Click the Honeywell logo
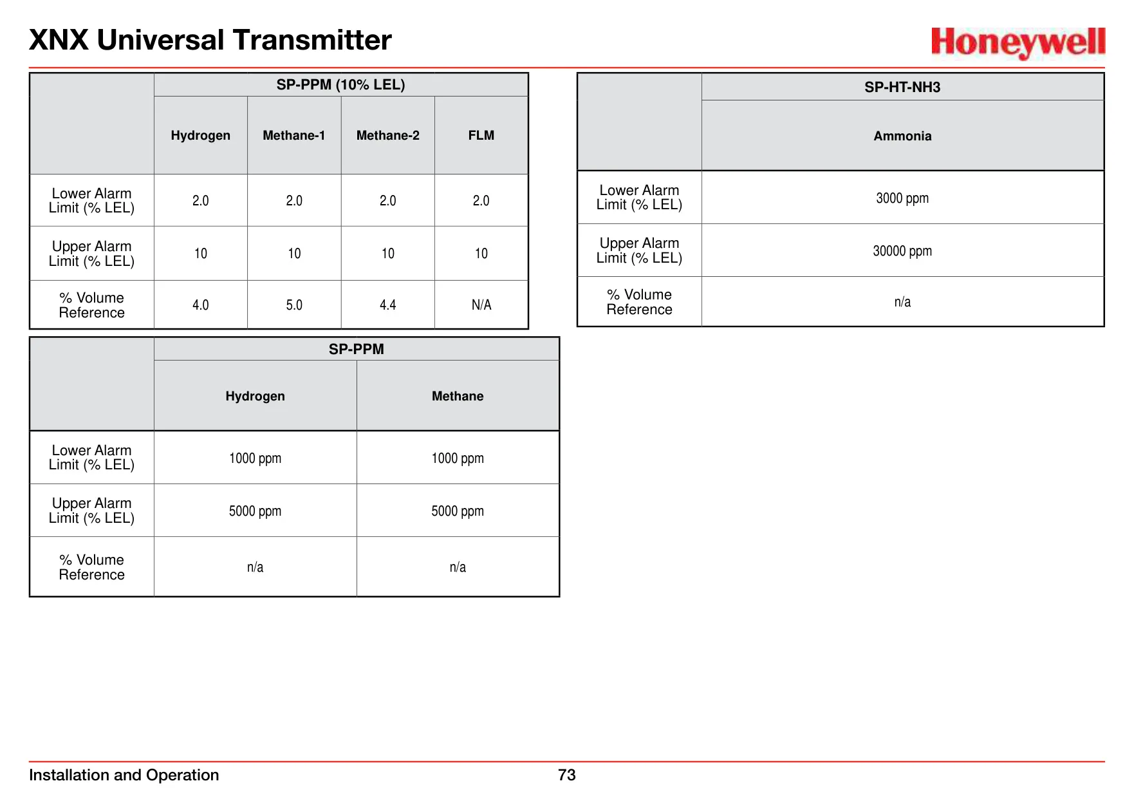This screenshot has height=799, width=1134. click(x=1018, y=42)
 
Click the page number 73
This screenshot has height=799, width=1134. click(x=567, y=775)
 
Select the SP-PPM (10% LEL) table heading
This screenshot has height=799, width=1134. click(x=340, y=84)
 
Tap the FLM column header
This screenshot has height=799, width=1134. click(x=481, y=135)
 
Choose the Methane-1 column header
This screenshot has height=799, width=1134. click(x=294, y=135)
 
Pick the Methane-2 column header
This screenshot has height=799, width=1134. click(x=388, y=135)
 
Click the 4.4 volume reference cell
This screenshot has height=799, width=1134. click(x=388, y=305)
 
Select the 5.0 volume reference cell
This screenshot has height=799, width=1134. click(x=294, y=305)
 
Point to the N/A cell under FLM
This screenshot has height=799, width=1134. click(x=481, y=305)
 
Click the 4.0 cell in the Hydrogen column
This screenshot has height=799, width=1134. click(x=201, y=305)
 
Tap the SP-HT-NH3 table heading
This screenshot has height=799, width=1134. click(x=902, y=87)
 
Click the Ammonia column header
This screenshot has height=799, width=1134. click(x=902, y=136)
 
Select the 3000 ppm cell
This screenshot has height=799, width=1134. click(x=902, y=198)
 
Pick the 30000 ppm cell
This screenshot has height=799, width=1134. click(x=902, y=251)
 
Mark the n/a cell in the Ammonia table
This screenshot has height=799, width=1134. click(x=902, y=302)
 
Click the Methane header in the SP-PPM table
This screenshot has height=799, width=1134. click(x=458, y=396)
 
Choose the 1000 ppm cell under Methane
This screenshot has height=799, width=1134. click(x=458, y=458)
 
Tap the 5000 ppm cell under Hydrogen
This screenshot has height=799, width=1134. click(x=256, y=511)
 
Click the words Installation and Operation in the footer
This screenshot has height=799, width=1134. click(x=124, y=775)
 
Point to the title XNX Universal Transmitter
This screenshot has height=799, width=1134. click(x=210, y=40)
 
